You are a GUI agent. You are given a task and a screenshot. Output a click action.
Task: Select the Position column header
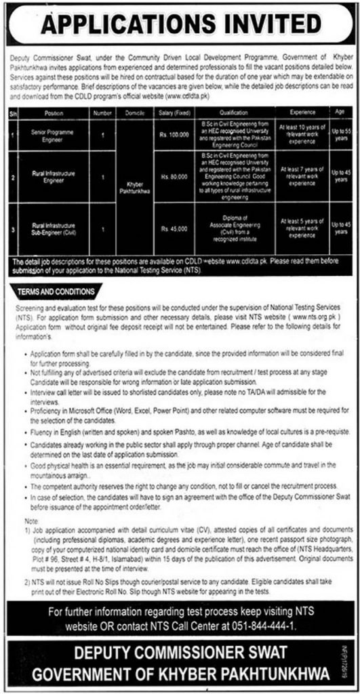pos(53,114)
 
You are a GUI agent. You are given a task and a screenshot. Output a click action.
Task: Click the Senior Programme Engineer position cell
pos(53,136)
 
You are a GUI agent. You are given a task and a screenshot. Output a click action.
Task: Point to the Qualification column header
pos(234,114)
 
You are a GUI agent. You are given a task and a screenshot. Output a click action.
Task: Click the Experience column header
pos(294,114)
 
